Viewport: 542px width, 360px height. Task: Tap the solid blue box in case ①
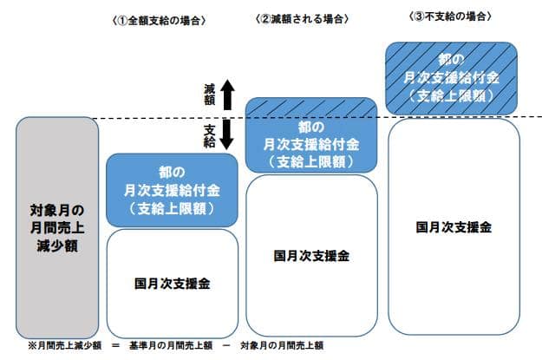[172, 190]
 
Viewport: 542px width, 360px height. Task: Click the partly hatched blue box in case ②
[310, 134]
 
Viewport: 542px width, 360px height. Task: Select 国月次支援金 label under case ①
[173, 283]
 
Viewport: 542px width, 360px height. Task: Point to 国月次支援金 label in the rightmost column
[454, 227]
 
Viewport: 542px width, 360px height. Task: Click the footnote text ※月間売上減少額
[59, 345]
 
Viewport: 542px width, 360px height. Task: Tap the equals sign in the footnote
[113, 345]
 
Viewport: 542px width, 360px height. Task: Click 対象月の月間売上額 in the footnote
[283, 345]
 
